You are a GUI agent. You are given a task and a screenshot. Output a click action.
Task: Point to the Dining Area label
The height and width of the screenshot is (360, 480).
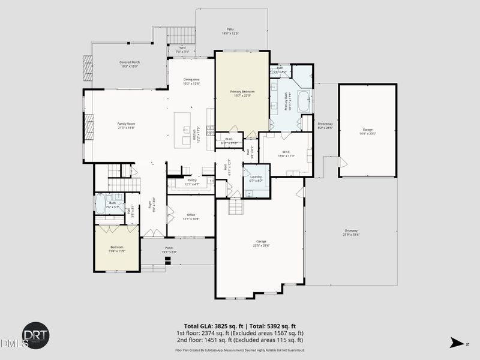tap(191, 82)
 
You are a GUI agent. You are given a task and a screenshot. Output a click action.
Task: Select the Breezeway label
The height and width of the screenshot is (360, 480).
tap(325, 125)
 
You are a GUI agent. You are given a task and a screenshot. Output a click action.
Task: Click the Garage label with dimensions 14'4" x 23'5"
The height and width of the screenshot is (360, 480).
tap(367, 131)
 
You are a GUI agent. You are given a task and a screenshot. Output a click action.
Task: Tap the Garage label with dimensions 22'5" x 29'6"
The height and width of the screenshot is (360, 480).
tap(261, 243)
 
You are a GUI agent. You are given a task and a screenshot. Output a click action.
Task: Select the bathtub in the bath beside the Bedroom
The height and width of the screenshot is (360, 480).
tap(100, 203)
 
